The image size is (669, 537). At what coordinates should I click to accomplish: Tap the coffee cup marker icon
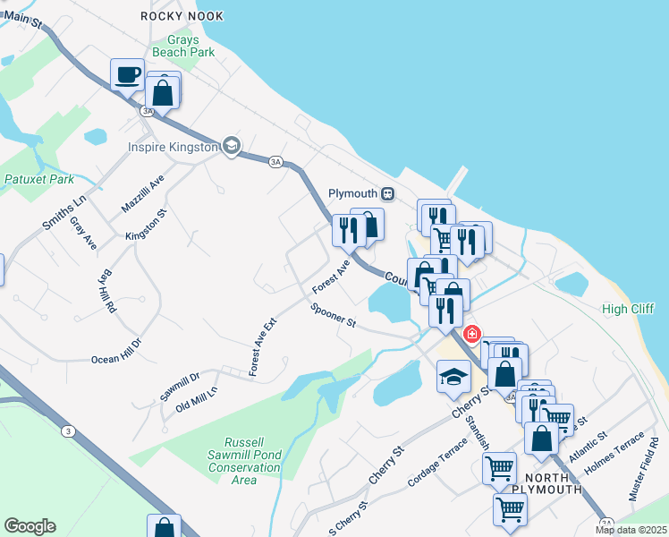point(128,74)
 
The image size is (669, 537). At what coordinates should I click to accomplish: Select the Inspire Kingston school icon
point(232,147)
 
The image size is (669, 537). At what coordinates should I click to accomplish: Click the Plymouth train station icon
point(388,193)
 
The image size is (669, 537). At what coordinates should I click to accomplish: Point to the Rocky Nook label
point(182,16)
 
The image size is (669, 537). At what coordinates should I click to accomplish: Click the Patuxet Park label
point(38,179)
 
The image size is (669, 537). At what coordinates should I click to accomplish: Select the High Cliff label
point(628,309)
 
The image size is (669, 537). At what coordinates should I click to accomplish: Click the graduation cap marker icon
point(453,376)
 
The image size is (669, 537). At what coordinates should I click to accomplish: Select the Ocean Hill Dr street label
point(116,351)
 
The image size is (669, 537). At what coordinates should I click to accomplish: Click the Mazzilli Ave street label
point(143,194)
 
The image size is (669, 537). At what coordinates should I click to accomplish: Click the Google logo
point(30,526)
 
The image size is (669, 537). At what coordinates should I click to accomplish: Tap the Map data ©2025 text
point(631,530)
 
